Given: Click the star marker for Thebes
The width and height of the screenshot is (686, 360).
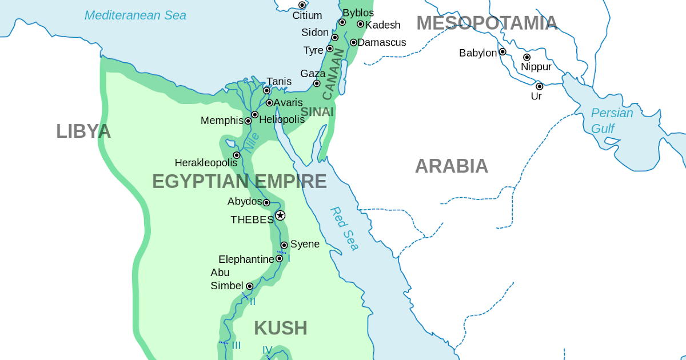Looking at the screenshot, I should [x=280, y=215].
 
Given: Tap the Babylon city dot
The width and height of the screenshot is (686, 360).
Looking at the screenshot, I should [x=502, y=51].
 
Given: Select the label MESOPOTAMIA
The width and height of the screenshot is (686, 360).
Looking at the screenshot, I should [x=486, y=23].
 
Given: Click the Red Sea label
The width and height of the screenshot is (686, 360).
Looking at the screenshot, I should [x=345, y=229].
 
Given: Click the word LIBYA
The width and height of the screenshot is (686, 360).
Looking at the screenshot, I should [x=83, y=131].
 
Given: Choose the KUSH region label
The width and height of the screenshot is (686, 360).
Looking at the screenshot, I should [x=280, y=328].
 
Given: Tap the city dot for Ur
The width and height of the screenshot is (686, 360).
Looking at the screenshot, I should [x=539, y=86].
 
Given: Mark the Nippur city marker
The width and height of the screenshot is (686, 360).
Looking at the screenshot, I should [x=527, y=57].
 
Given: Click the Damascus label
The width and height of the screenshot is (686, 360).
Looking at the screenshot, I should [x=381, y=42].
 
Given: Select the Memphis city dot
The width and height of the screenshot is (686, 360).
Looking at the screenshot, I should [x=248, y=121].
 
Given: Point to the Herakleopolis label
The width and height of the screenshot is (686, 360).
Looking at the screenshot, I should [x=206, y=162].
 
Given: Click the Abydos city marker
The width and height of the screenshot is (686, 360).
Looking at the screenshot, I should [x=266, y=202].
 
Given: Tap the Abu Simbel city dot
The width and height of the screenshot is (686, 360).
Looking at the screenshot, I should [x=249, y=286].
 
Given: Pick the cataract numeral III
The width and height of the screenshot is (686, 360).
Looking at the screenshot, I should [x=236, y=345].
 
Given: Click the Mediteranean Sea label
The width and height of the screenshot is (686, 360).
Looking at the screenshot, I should [x=135, y=15].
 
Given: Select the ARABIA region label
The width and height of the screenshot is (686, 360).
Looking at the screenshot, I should [x=451, y=166].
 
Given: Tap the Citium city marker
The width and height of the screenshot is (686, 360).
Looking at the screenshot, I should [x=302, y=5].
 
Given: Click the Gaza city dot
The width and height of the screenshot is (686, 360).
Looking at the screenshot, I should [x=317, y=83].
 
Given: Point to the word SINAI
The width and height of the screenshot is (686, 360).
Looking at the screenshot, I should [x=317, y=112].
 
